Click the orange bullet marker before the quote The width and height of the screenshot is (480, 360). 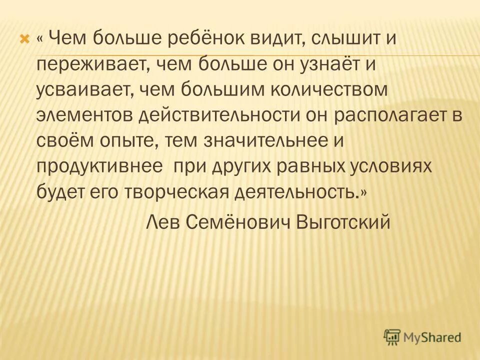(x=23, y=39)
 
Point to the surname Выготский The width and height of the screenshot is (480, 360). (x=342, y=221)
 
